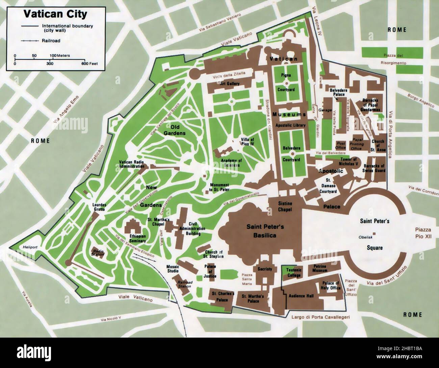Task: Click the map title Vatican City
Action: (x=55, y=14)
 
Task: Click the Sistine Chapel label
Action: (x=285, y=207)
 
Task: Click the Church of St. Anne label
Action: (x=378, y=146)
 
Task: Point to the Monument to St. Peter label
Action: (x=219, y=187)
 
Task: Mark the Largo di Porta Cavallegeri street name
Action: (x=317, y=317)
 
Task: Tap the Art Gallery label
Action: (x=230, y=83)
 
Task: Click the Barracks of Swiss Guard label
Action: (x=374, y=168)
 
